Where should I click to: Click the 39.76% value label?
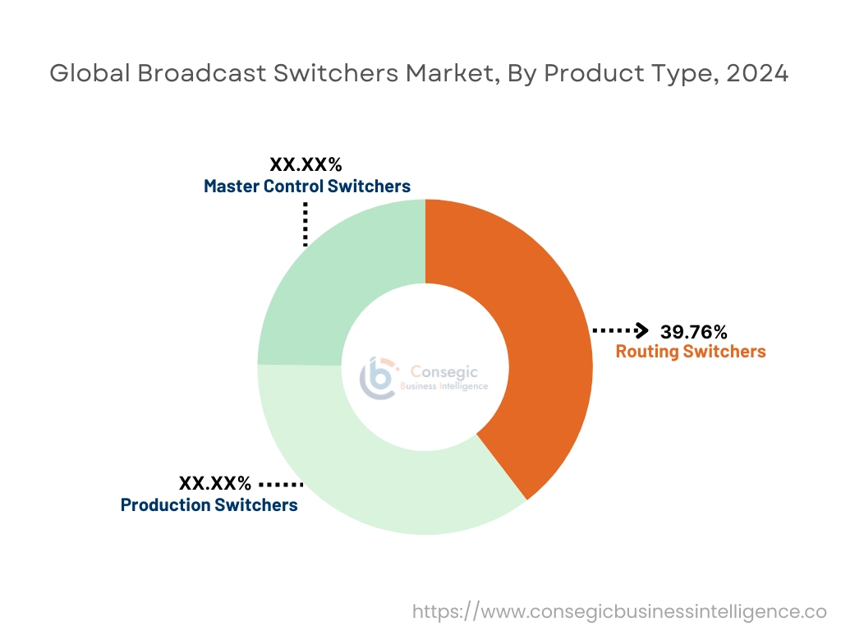pos(693,332)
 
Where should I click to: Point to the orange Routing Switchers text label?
pos(691,352)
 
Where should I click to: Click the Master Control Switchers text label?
pos(307,187)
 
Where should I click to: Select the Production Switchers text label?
pos(209,504)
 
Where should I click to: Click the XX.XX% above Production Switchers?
pos(215,483)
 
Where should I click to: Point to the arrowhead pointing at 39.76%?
pos(641,331)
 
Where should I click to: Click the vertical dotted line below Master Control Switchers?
pos(306,223)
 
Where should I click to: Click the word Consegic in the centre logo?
pos(443,372)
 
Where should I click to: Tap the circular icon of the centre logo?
pos(379,378)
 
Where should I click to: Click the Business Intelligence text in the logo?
pos(443,386)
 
